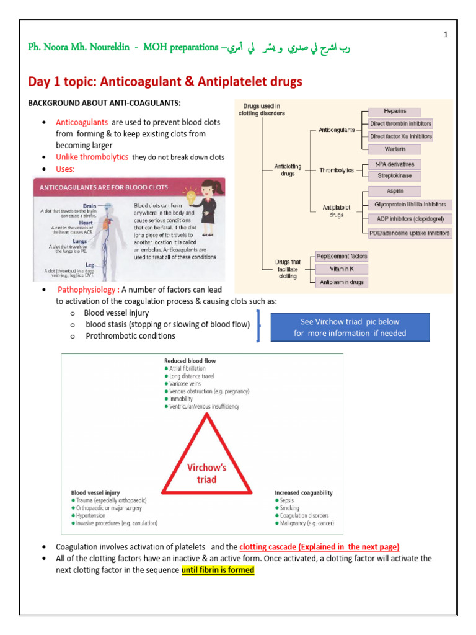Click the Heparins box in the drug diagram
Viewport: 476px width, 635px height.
coord(394,112)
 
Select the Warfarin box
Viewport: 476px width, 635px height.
coord(394,149)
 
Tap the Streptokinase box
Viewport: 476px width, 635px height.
coord(394,176)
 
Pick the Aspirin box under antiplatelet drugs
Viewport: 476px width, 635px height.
coord(394,192)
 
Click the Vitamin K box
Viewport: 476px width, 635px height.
coord(342,269)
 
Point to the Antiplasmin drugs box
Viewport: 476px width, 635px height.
coord(342,282)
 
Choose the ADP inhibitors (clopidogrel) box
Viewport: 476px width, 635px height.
coord(410,218)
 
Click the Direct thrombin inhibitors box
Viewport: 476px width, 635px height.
coord(400,124)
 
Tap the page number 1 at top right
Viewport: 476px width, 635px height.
coord(446,35)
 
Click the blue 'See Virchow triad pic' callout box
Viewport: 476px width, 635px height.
coord(350,327)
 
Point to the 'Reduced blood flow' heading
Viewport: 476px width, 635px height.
coord(190,360)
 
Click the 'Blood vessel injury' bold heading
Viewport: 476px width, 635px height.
coord(95,492)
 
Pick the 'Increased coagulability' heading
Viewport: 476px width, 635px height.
coord(303,492)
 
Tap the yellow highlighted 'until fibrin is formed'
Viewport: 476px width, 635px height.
coord(218,571)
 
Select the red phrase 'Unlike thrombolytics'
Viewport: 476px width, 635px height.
coord(92,158)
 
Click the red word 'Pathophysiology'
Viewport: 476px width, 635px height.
coord(82,290)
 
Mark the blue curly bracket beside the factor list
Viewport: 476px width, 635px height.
coord(258,325)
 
